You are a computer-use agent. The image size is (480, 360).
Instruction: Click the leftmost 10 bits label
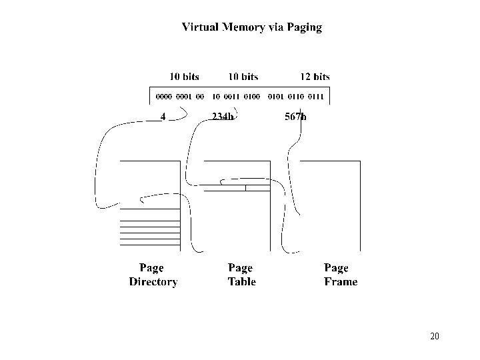(183, 77)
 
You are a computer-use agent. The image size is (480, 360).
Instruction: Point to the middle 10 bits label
(243, 77)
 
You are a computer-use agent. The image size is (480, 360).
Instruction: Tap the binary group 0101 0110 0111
(295, 97)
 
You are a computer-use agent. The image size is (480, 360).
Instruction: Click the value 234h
(222, 117)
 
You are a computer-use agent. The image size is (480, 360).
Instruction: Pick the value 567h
(295, 117)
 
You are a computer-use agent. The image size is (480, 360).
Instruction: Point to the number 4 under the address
(163, 117)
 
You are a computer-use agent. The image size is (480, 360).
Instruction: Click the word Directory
(153, 282)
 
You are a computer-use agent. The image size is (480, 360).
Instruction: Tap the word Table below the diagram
(241, 282)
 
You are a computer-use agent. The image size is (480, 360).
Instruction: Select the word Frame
(341, 282)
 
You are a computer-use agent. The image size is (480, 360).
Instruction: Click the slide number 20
(435, 335)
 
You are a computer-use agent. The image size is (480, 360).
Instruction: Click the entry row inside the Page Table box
(237, 187)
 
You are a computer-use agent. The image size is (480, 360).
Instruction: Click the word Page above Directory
(151, 268)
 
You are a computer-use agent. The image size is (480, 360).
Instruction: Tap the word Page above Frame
(336, 268)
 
